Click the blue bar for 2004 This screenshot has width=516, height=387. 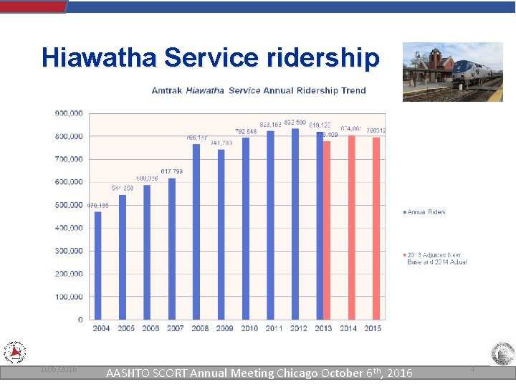click(97, 265)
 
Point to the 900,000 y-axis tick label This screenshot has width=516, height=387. click(69, 113)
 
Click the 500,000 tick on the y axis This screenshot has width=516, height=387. click(69, 205)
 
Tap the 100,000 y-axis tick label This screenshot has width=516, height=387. click(69, 297)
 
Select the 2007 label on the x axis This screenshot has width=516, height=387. click(176, 329)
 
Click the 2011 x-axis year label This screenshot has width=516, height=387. click(274, 329)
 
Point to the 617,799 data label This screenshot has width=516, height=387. click(171, 171)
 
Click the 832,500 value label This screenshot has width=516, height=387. click(295, 123)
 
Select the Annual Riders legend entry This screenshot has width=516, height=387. click(425, 212)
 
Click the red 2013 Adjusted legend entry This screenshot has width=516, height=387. click(436, 258)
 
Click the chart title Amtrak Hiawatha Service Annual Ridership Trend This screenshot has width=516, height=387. click(259, 91)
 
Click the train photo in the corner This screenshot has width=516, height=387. click(452, 72)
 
